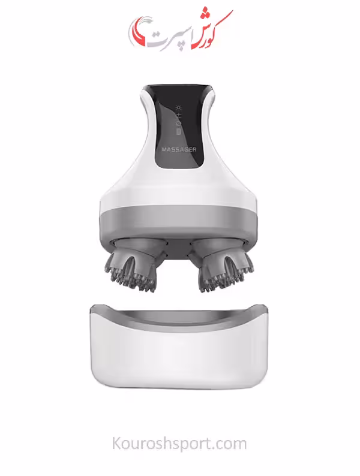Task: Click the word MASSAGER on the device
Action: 179,149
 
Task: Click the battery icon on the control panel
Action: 179,132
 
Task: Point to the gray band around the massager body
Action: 179,220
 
